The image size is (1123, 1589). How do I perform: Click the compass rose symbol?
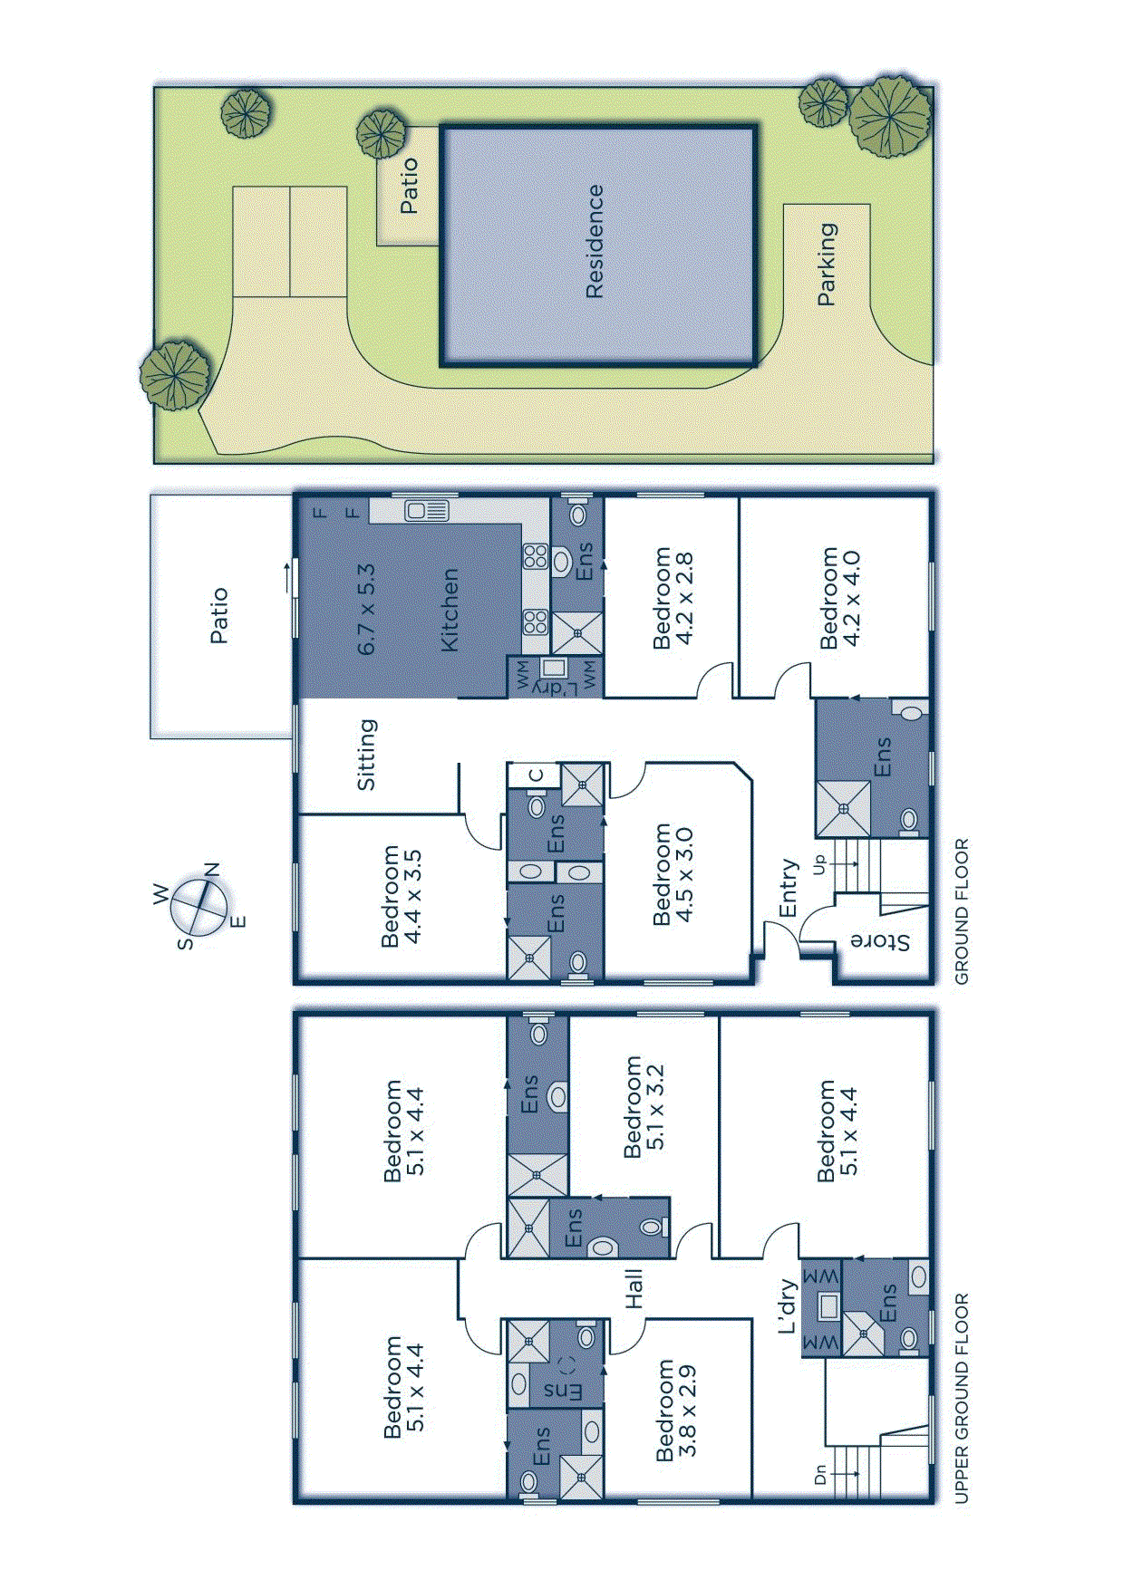pos(199,907)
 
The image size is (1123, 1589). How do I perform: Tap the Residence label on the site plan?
pos(595,241)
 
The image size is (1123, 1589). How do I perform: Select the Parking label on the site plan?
pos(827,264)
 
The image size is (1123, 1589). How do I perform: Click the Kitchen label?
pos(450,610)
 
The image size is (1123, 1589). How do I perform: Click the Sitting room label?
pos(365,754)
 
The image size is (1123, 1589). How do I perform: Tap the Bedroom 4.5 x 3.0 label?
pos(673,874)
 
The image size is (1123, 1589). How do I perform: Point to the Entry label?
pos(788,888)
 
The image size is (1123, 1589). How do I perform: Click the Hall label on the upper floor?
pos(634,1288)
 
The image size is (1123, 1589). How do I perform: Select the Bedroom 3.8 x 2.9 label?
pos(676,1409)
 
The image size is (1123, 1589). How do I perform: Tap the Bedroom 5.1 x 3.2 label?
pos(644,1106)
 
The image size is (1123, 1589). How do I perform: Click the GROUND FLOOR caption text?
pos(962,910)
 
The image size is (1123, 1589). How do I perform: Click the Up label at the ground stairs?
pos(820,864)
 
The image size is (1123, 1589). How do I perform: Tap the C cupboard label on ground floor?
pos(536,775)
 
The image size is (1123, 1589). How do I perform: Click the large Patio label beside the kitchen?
pos(219,616)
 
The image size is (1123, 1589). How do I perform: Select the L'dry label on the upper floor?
pos(787,1305)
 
